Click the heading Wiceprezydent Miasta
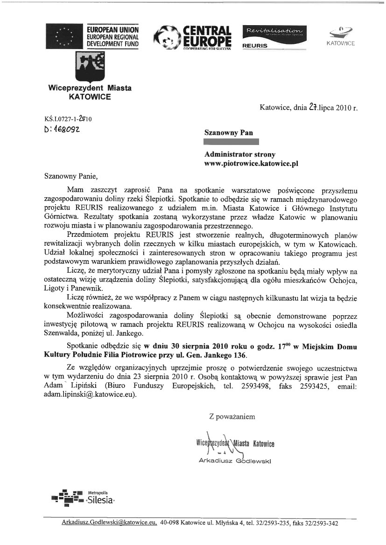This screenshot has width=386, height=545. point(90,88)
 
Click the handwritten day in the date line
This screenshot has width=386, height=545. point(312,108)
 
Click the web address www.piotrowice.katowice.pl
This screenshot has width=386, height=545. point(251,164)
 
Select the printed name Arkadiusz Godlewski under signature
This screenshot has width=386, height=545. point(235,461)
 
